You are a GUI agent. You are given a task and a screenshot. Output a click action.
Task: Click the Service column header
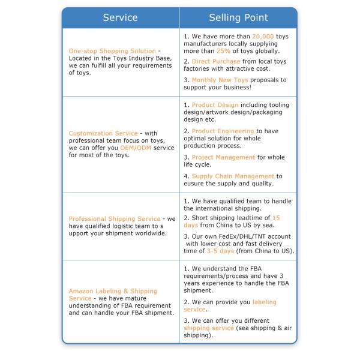[120, 18]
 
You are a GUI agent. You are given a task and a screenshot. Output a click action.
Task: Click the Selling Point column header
[238, 18]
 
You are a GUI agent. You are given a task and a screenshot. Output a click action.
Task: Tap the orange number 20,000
[263, 37]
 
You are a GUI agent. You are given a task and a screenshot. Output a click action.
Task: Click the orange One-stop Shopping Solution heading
[112, 51]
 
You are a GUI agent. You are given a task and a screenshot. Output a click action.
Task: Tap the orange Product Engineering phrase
[223, 131]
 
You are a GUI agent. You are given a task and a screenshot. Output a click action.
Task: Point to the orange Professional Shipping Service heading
[115, 219]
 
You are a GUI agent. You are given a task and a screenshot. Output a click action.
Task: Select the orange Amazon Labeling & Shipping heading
[113, 291]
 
